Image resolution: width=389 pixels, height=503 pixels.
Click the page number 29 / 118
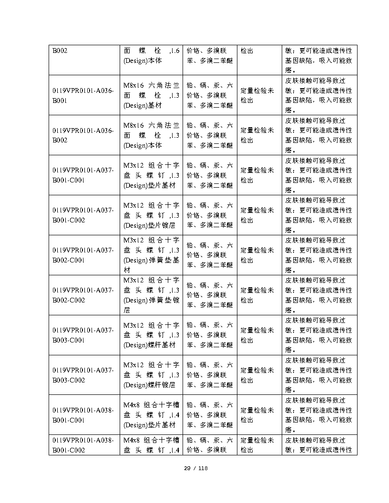[196, 468]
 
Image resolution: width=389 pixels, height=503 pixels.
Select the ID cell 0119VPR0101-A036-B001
[83, 95]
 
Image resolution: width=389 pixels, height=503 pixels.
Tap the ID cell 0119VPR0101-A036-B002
[83, 135]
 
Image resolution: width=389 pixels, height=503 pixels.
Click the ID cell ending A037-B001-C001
[83, 175]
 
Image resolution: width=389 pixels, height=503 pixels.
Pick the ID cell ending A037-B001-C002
[83, 215]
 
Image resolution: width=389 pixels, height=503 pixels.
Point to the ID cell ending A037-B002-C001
[83, 255]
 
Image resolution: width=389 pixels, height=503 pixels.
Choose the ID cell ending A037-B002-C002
[83, 295]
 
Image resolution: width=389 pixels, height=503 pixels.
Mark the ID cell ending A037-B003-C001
[83, 335]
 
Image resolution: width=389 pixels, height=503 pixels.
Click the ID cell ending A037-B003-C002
[83, 375]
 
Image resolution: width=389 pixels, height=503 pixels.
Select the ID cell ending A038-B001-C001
[83, 415]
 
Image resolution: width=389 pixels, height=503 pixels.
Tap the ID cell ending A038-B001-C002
[83, 445]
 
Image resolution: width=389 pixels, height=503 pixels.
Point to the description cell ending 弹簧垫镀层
[151, 295]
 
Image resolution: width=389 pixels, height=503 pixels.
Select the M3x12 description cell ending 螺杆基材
[151, 335]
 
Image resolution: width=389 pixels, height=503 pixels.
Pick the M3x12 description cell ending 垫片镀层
[151, 215]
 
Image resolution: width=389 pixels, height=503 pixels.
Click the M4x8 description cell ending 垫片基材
[151, 415]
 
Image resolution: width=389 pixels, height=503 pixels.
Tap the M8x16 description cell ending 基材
[151, 95]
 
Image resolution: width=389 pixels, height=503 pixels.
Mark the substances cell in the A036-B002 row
[210, 135]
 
